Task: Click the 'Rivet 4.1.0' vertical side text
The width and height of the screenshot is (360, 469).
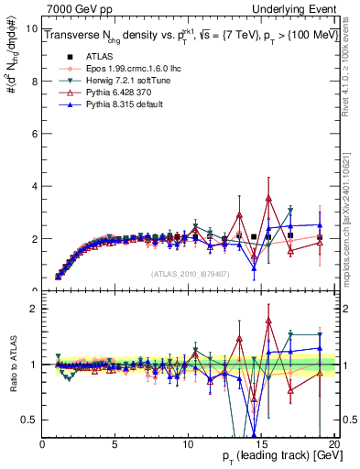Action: (352, 64)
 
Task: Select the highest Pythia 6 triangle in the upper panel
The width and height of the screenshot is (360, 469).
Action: (268, 199)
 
